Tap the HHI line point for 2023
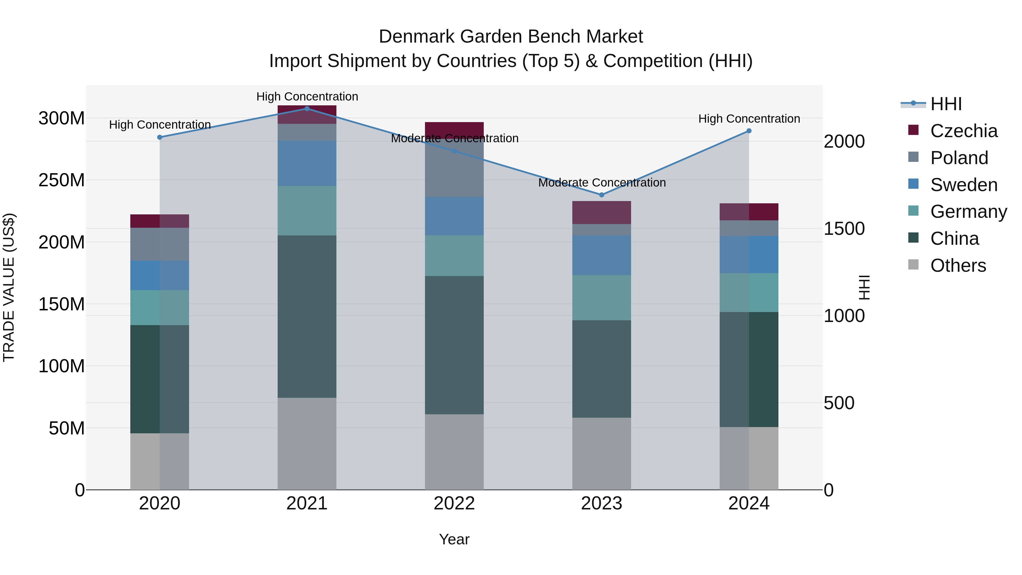point(602,195)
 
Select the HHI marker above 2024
point(749,131)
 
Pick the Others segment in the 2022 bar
point(454,452)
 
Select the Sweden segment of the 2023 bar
point(602,255)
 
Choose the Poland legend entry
point(959,158)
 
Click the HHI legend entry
point(946,104)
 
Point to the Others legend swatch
point(913,265)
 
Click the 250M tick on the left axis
point(62,180)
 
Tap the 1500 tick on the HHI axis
point(844,229)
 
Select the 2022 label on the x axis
point(454,503)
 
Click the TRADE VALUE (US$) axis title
point(9,287)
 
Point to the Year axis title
point(454,539)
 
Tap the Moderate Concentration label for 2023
point(602,183)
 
